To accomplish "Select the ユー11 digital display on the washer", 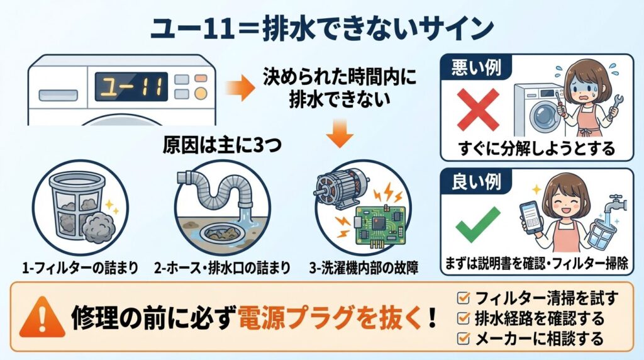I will [132, 86].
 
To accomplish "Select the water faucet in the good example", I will [611, 205].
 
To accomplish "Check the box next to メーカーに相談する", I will [464, 339].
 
